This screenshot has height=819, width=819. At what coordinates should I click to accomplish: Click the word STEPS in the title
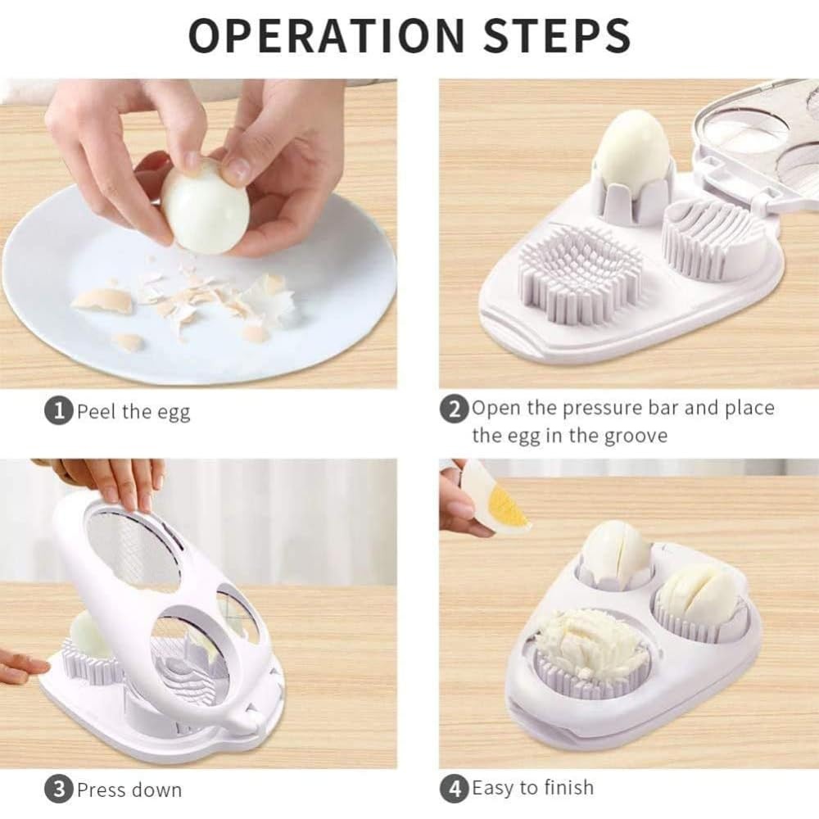point(557,35)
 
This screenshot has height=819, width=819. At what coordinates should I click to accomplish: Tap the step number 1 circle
point(59,410)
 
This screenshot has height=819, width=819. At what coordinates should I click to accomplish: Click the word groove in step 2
point(636,437)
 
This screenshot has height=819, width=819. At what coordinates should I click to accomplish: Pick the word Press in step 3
point(100,790)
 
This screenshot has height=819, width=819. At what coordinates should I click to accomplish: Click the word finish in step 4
point(568,786)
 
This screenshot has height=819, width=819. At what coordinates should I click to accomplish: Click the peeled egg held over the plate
point(205,207)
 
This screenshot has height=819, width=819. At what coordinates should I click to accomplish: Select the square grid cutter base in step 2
point(580,274)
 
